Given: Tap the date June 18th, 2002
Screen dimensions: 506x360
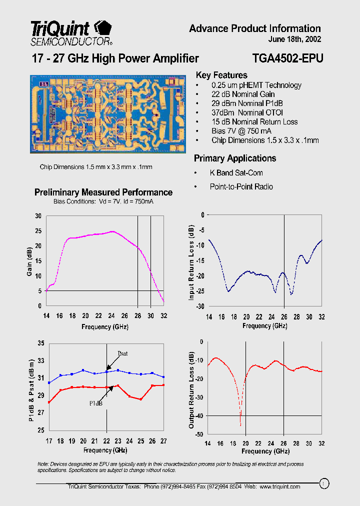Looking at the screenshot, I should tap(295, 39).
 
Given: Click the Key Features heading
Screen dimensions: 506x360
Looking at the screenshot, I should tap(221, 75).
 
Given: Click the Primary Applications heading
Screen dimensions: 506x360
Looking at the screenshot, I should tap(235, 158).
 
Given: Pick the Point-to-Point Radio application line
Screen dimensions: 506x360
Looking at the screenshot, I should tap(241, 186).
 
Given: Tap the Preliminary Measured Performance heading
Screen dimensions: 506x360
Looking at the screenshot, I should tap(103, 192).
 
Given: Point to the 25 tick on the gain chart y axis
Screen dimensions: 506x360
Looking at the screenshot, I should tap(38, 231).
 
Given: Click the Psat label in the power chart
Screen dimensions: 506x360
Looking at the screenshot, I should tap(122, 353).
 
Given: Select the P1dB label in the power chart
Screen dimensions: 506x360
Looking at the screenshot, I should tap(96, 403).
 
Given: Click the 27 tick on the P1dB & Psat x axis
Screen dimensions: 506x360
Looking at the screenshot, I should tap(163, 440).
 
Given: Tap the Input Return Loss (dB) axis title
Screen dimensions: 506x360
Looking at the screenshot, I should tap(191, 262).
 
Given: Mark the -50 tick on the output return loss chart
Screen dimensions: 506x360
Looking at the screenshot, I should tap(199, 434).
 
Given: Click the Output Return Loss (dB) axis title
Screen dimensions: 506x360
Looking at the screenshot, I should tap(191, 390).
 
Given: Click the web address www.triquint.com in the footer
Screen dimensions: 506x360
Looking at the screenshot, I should tap(280, 486).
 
